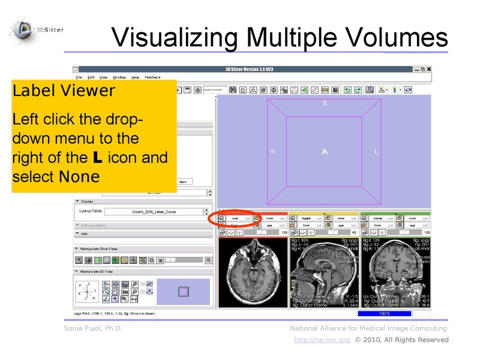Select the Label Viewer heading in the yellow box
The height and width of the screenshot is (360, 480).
tap(63, 91)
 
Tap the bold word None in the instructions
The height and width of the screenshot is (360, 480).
tap(79, 176)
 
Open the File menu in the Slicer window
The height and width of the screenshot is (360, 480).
tap(79, 77)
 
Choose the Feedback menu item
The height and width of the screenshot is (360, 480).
tap(152, 77)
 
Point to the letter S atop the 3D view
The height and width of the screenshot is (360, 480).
tap(325, 103)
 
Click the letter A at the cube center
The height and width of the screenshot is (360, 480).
tap(325, 152)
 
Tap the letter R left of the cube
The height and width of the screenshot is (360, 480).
tap(272, 152)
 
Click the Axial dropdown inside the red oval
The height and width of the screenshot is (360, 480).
tap(239, 218)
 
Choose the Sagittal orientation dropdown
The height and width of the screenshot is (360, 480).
tap(309, 218)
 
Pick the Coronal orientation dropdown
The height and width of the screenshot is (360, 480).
tap(381, 218)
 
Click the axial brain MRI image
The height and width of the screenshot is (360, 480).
tap(253, 273)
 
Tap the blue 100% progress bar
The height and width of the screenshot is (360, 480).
tap(384, 313)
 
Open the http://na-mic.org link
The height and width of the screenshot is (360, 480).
tap(322, 340)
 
